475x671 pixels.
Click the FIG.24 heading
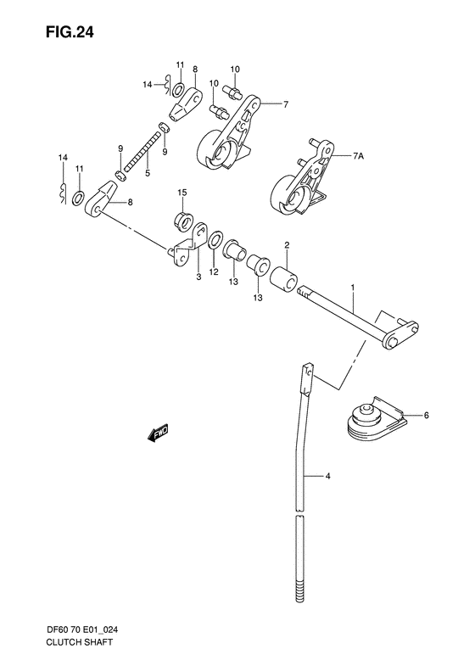pyautogui.click(x=52, y=34)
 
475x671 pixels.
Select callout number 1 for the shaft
pyautogui.click(x=352, y=289)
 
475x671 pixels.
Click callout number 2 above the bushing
pyautogui.click(x=287, y=245)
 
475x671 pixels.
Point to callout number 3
pyautogui.click(x=198, y=275)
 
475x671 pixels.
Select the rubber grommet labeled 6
pyautogui.click(x=370, y=421)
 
